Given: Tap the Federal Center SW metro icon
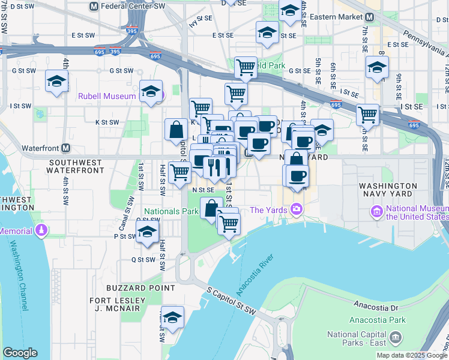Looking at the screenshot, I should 93,6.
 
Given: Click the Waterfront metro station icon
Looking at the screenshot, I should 65,148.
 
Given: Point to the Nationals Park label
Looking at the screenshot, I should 170,211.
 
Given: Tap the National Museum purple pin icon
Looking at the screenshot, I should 376,211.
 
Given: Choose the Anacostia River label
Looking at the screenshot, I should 255,275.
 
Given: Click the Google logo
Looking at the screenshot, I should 20,353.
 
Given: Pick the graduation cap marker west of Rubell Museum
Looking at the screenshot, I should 57,82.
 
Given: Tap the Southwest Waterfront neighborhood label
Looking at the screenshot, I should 77,166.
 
